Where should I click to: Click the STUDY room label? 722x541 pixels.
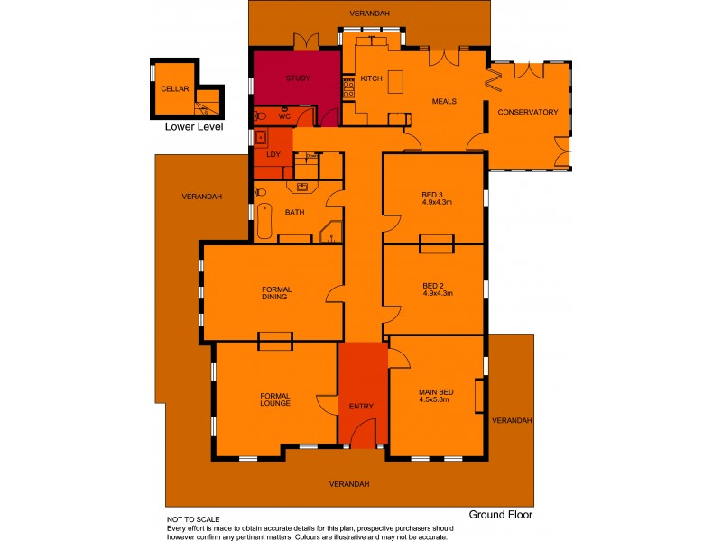[298, 78]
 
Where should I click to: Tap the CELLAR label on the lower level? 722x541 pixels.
[173, 89]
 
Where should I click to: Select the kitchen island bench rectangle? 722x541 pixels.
[394, 78]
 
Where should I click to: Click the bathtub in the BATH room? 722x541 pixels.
[264, 221]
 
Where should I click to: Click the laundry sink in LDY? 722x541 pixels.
[262, 138]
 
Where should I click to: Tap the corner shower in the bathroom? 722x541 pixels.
[332, 234]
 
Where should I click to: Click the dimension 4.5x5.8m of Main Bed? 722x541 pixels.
[435, 401]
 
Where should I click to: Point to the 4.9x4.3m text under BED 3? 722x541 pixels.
[437, 203]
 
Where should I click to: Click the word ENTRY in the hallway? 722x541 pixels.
[361, 407]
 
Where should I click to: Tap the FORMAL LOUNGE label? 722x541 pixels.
[274, 399]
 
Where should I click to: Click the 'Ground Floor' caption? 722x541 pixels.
[501, 515]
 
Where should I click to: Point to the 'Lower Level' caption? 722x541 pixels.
[193, 127]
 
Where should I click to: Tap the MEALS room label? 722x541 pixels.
[444, 101]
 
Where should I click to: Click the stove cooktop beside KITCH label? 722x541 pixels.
[347, 86]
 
